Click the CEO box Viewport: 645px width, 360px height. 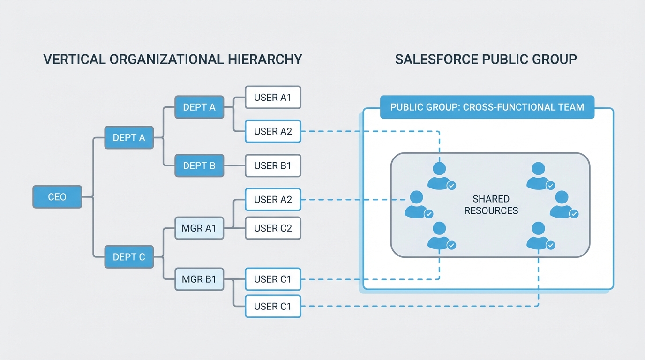coord(57,197)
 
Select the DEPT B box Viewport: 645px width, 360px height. coord(199,165)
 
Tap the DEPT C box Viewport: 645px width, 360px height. coord(129,257)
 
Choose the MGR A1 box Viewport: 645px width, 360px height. coord(199,228)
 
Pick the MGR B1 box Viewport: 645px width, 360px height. coord(199,279)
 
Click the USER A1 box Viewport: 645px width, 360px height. coord(273,97)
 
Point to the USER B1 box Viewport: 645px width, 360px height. coord(273,165)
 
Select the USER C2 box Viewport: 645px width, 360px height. coord(273,228)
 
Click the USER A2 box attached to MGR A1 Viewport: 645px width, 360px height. coord(273,200)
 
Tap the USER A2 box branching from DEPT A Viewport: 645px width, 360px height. coord(273,132)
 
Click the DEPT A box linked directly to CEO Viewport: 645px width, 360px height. coord(129,138)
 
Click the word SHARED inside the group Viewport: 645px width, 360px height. coord(491,199)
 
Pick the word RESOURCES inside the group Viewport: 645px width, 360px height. coord(491,211)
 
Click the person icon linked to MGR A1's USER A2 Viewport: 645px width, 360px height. coord(416,204)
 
